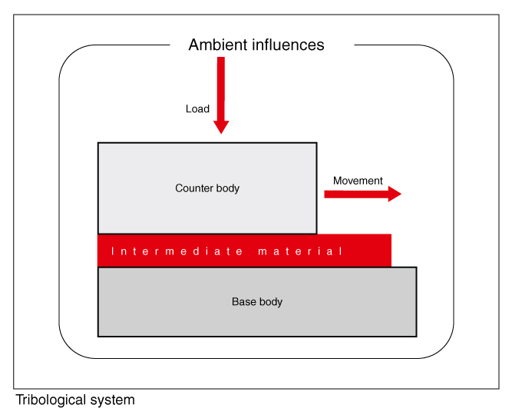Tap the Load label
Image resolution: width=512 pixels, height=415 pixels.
[x=197, y=109]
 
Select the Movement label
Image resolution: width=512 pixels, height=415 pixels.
[x=358, y=181]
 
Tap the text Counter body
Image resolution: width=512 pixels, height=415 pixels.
[x=207, y=188]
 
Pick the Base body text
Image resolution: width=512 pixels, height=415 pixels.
[x=257, y=302]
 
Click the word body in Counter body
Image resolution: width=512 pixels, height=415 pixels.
[x=228, y=188]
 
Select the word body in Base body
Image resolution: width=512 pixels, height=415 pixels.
[x=270, y=302]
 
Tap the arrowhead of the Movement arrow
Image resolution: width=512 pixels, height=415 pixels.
[x=395, y=194]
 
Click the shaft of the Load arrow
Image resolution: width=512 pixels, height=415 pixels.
[x=221, y=85]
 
